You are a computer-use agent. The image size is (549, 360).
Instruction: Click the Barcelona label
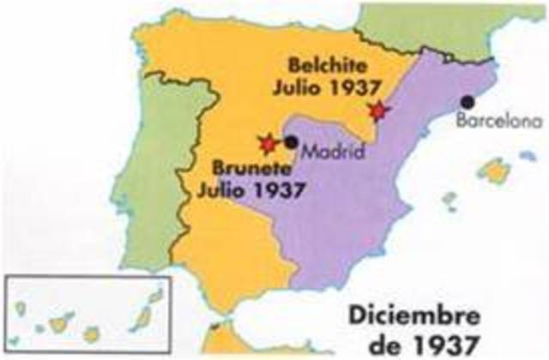pos(500,122)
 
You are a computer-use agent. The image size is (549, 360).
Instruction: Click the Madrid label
pos(330,153)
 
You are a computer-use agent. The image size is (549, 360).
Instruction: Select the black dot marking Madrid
pos(292,142)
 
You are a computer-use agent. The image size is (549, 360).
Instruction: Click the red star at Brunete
pos(268,143)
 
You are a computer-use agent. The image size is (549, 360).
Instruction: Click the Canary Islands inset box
pos(89,314)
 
